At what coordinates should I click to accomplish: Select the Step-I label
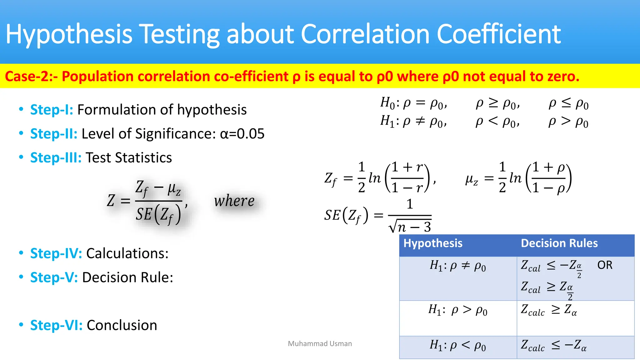point(52,110)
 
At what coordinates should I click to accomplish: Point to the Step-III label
point(56,157)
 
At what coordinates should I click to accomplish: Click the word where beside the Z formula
point(234,201)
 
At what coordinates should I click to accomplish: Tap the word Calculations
point(127,253)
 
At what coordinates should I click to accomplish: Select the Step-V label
point(54,277)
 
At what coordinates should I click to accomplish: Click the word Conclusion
point(122,325)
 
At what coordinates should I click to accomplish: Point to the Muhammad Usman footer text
point(320,344)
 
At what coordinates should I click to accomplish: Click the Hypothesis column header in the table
point(433,243)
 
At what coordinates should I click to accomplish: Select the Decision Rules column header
point(559,243)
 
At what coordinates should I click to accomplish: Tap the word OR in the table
point(605,265)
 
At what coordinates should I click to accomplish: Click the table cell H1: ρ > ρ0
point(458,310)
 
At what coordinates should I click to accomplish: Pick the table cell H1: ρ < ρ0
point(458,346)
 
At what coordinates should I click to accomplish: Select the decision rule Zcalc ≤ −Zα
point(553,346)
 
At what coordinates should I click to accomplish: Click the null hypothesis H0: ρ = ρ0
point(413,103)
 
